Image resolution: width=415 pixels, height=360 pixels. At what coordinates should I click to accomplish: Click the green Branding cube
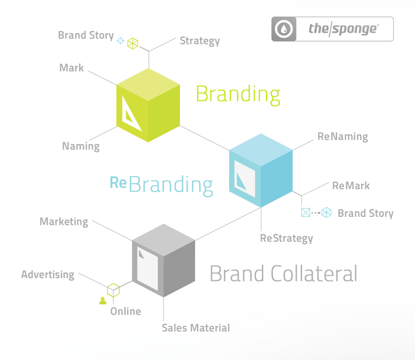(148, 105)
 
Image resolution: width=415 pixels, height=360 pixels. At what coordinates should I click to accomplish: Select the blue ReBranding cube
(261, 170)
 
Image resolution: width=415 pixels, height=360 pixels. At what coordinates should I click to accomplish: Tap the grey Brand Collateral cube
(164, 260)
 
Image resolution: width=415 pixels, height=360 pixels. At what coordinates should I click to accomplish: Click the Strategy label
(200, 41)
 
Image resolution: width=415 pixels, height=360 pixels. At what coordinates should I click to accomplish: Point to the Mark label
(71, 68)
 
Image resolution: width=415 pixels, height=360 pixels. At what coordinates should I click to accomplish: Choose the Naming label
(81, 146)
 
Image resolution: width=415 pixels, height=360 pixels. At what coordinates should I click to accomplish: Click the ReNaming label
(343, 137)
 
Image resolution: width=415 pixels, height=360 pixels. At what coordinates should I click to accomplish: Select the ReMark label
(351, 186)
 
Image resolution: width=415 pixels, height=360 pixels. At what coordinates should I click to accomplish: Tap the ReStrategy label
(287, 238)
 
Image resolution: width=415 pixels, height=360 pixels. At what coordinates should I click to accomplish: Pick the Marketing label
(64, 222)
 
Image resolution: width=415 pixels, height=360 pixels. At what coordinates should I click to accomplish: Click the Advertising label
(47, 275)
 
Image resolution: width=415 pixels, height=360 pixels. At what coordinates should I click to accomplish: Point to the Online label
(125, 311)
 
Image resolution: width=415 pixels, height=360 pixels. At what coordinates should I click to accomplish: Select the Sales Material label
(196, 328)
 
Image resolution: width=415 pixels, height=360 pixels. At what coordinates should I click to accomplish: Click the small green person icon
(103, 300)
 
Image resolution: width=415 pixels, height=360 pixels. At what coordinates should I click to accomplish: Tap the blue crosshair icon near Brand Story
(120, 41)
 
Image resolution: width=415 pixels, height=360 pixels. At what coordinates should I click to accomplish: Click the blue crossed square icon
(306, 212)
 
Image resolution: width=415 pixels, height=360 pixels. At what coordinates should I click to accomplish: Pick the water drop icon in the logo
(284, 29)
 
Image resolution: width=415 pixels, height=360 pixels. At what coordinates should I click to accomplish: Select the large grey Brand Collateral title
(284, 273)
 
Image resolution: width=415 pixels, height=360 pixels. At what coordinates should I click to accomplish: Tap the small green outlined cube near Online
(113, 290)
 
